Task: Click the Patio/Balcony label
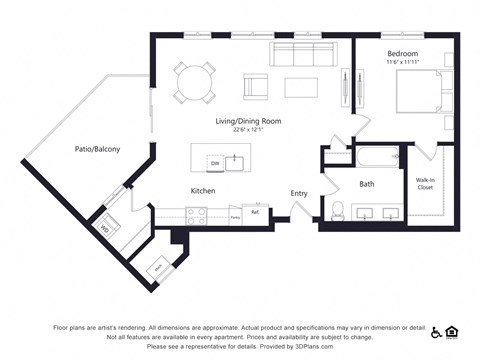coord(97,149)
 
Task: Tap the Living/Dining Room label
coord(248,121)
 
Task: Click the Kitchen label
coord(203,190)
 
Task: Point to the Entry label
coord(299,193)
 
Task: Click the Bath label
coord(366,184)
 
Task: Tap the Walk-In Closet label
coord(425,184)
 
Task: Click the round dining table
coord(195,82)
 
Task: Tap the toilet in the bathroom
coord(338,210)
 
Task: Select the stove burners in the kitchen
coord(196,212)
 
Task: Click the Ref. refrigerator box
coord(256,213)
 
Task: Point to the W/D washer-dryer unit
coord(103,226)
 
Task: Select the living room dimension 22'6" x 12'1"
coord(248,130)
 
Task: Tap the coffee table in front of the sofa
coord(301,87)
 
